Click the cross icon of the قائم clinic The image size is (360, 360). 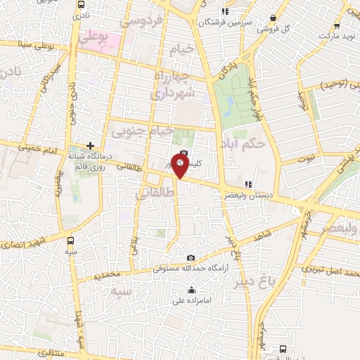pyautogui.click(x=91, y=144)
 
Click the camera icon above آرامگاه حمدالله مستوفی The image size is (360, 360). pyautogui.click(x=192, y=257)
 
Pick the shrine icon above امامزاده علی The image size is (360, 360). pyautogui.click(x=191, y=289)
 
